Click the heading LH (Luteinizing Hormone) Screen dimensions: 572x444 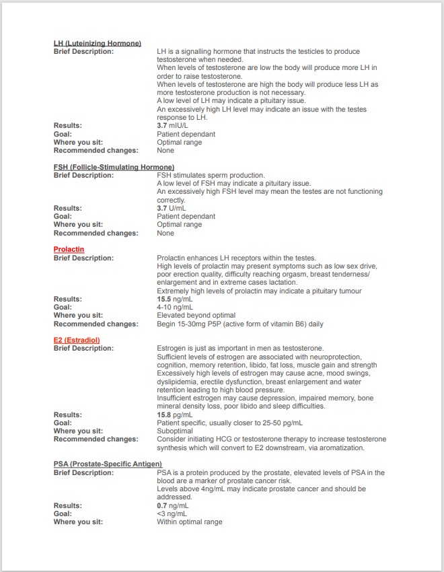pyautogui.click(x=97, y=44)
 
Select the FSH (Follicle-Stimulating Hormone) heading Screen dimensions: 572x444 pyautogui.click(x=114, y=167)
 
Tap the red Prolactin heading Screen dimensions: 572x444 pyautogui.click(x=69, y=250)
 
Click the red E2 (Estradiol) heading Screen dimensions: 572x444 pyautogui.click(x=77, y=341)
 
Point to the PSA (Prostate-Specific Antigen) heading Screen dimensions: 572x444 pyautogui.click(x=108, y=464)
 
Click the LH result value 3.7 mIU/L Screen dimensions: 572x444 pyautogui.click(x=172, y=126)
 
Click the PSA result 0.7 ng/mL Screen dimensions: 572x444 pyautogui.click(x=172, y=505)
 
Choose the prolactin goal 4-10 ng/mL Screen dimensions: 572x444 pyautogui.click(x=174, y=308)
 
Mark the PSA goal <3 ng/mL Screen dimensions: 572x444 pyautogui.click(x=172, y=513)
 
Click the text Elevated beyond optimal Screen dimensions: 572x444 pyautogui.click(x=196, y=316)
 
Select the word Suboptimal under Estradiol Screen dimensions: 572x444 pyautogui.click(x=175, y=431)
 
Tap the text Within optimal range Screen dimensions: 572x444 pyautogui.click(x=189, y=522)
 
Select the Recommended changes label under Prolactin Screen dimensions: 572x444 pyautogui.click(x=96, y=324)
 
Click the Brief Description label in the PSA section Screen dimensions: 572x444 pyautogui.click(x=83, y=472)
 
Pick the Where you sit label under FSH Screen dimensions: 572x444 pyautogui.click(x=78, y=225)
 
